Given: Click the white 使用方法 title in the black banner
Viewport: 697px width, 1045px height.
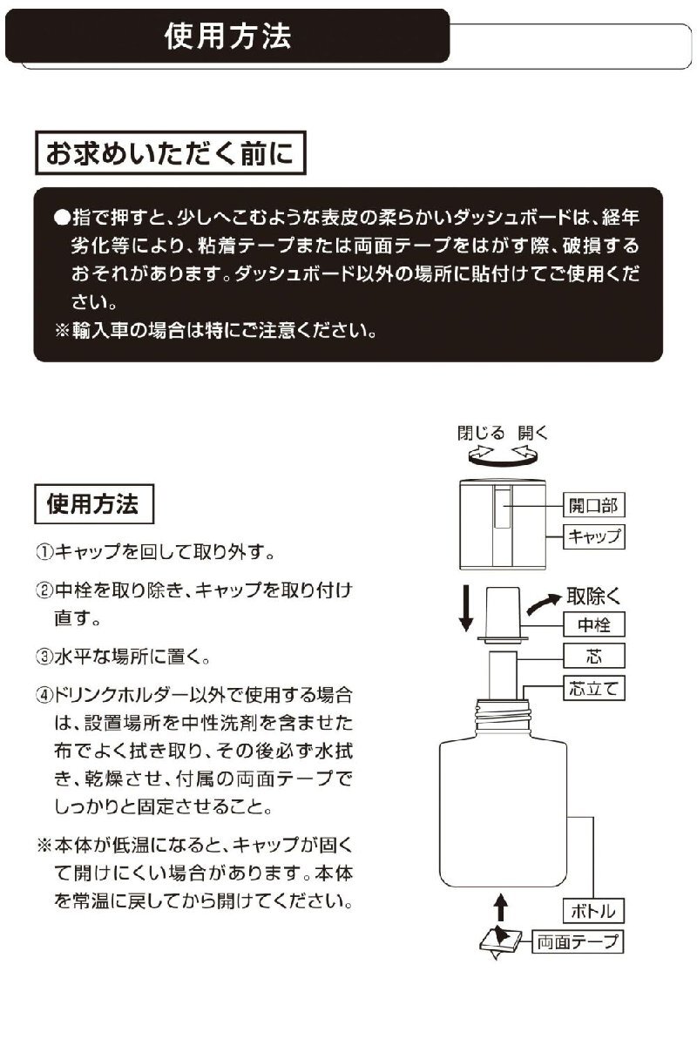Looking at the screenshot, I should coord(227,37).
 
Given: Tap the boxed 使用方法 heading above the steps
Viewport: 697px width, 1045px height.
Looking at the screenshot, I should coord(93,504).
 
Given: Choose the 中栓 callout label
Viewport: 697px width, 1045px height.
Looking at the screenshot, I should coord(594,624).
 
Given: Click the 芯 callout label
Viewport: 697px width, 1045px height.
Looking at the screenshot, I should coord(594,656).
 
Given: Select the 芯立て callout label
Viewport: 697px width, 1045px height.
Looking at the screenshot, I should coord(594,688).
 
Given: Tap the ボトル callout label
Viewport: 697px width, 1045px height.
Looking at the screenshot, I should coord(593,912).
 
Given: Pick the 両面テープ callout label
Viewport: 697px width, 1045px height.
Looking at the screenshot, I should coord(576,941).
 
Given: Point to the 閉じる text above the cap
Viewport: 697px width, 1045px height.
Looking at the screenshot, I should coord(481,433).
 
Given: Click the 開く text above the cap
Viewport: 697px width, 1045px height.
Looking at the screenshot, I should coord(532,433).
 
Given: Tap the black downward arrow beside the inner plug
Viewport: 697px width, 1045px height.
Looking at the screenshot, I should coord(466,608).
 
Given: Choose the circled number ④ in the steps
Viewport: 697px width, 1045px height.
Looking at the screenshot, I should coord(44,697).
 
